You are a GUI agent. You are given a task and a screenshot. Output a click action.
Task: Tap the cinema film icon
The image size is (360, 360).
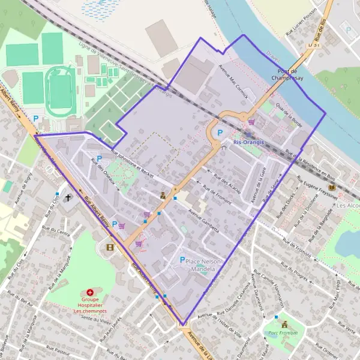[x=109, y=247]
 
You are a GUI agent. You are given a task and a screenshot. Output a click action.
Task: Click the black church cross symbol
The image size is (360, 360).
[x=68, y=197]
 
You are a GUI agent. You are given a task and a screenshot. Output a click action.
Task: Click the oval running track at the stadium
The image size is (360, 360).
[x=61, y=91]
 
